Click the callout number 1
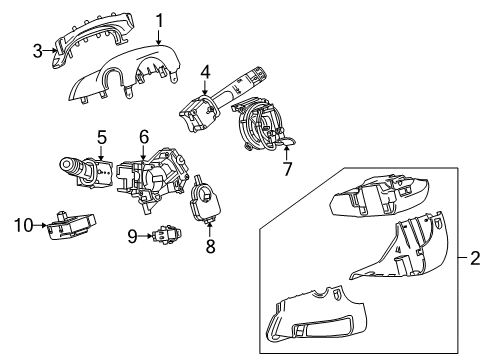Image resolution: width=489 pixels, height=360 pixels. click(x=158, y=20)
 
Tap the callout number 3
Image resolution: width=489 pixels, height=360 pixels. click(x=37, y=49)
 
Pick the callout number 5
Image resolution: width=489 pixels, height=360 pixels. click(x=102, y=136)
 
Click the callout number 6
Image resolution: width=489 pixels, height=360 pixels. click(x=144, y=136)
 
